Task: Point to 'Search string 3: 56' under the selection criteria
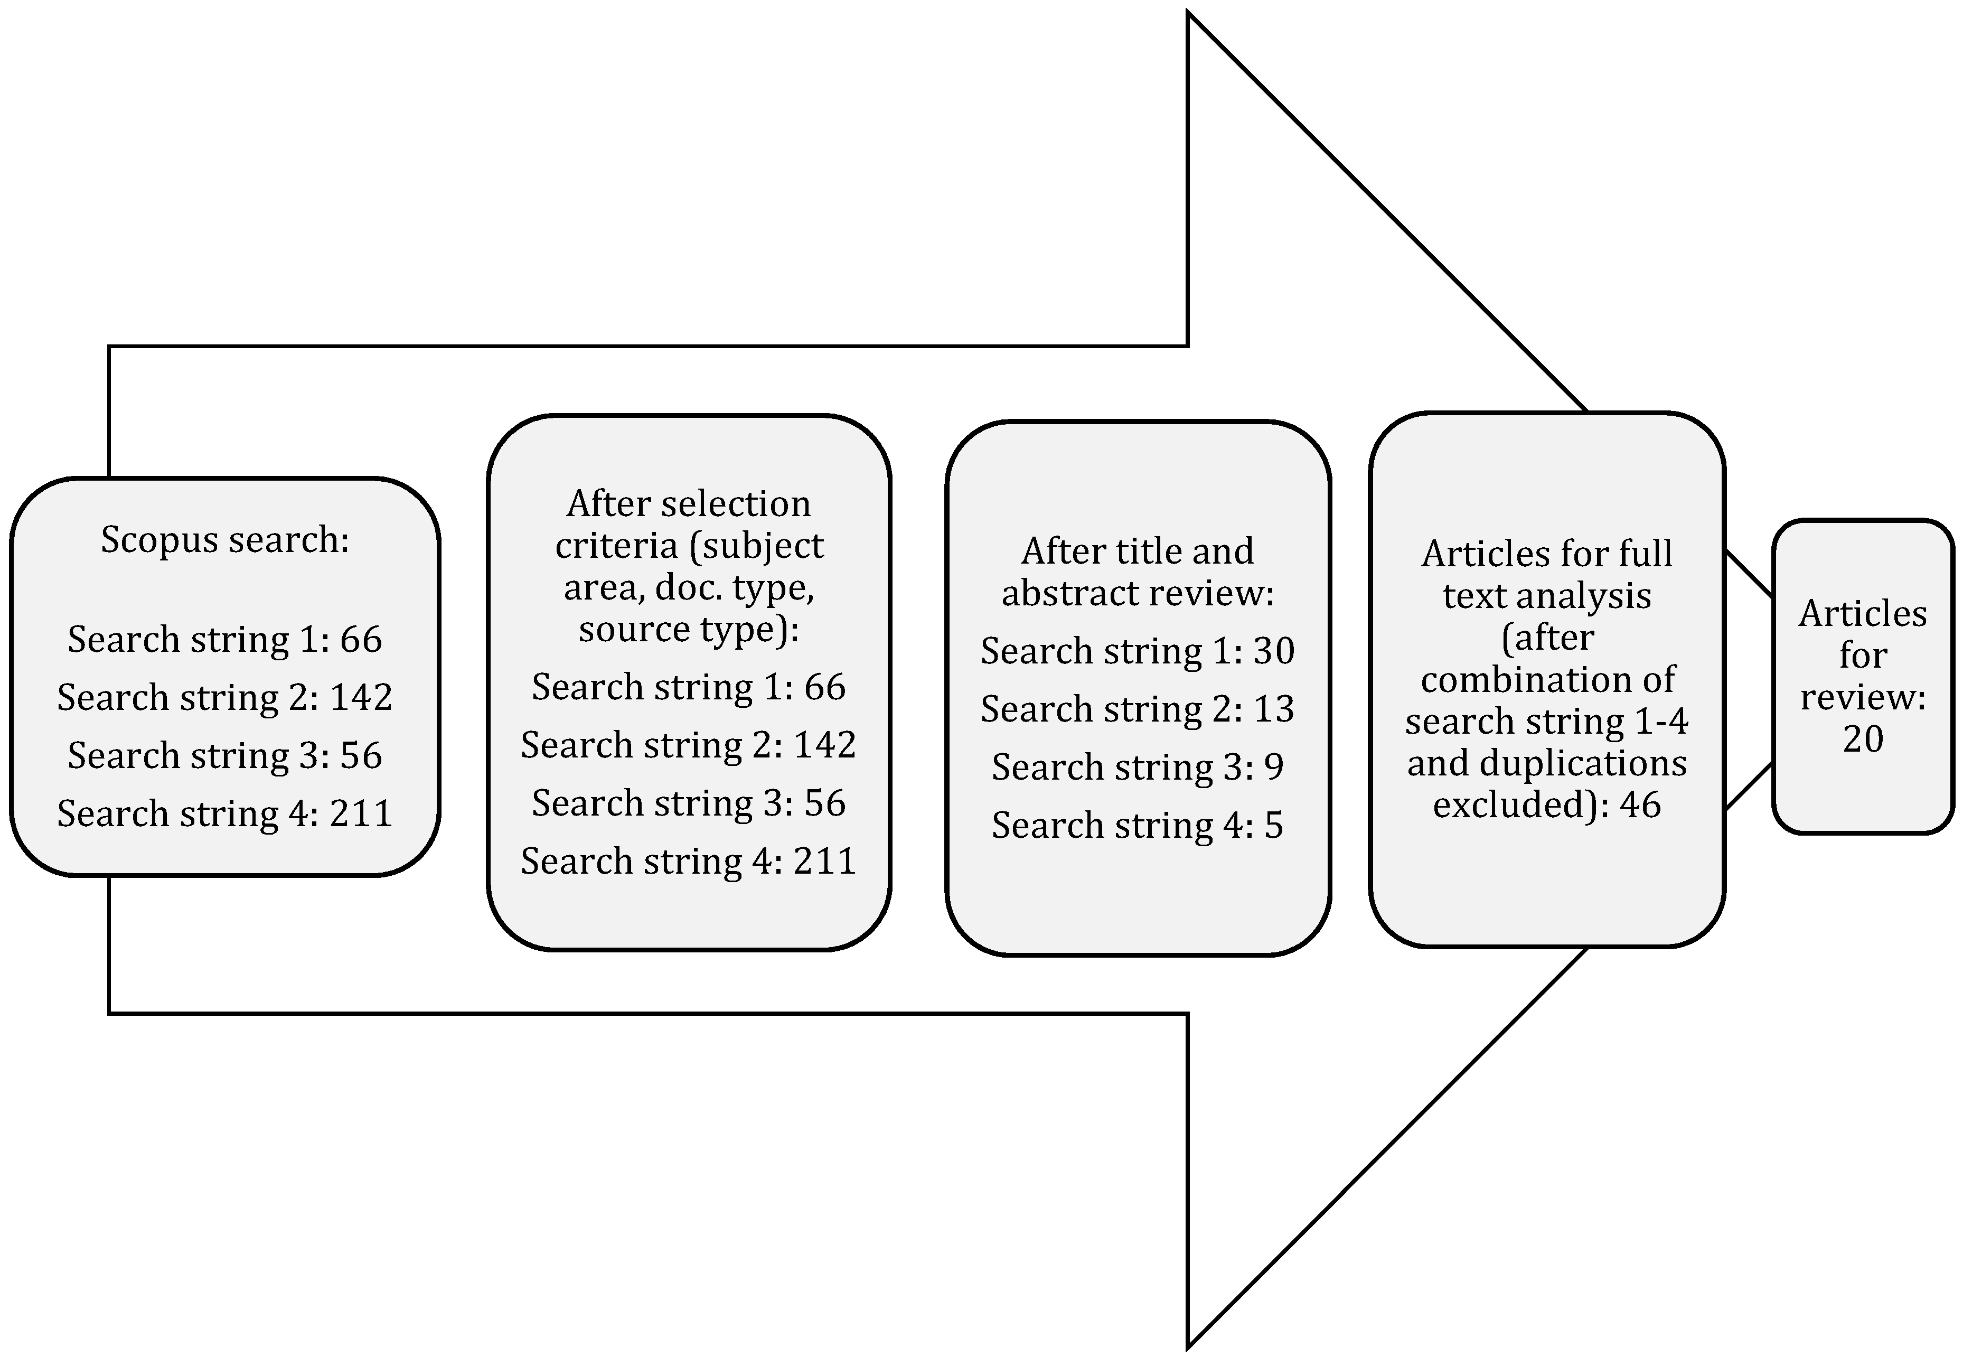[689, 803]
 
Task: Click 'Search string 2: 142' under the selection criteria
[689, 745]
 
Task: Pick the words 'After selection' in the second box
[689, 504]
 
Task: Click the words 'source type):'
[689, 629]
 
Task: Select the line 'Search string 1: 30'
[1138, 651]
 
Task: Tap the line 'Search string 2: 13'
[1138, 709]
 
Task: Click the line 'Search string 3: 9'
[1138, 767]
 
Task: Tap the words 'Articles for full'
[1546, 554]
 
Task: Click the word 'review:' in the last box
[1863, 697]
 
